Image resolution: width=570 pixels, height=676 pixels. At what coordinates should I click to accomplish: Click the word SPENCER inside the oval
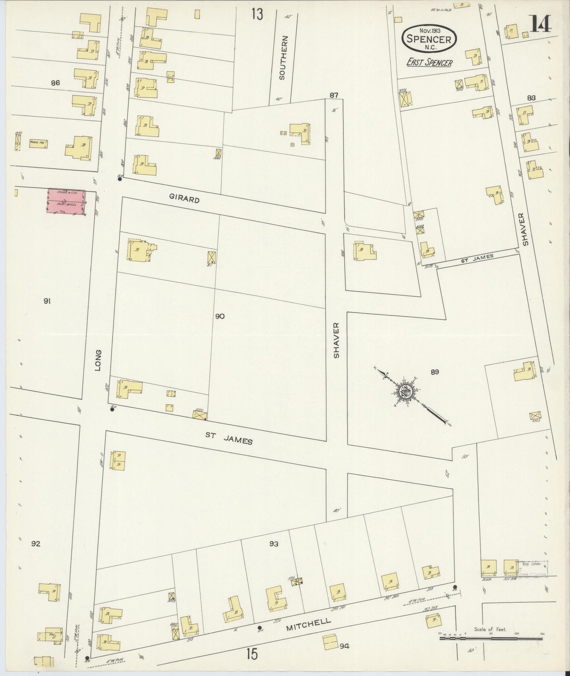tap(429, 39)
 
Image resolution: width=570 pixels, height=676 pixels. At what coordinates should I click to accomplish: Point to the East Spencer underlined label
tap(430, 62)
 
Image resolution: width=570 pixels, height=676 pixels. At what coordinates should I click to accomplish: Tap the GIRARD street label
tap(184, 200)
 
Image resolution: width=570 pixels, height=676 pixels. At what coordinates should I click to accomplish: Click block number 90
tap(220, 316)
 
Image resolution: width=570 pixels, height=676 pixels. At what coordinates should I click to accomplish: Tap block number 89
tap(435, 372)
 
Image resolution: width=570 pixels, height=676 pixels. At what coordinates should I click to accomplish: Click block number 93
tap(274, 544)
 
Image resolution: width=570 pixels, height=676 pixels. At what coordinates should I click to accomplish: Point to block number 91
tap(47, 301)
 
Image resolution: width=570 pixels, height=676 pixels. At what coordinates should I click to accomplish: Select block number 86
tap(55, 83)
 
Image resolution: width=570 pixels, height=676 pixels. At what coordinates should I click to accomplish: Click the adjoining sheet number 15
tap(252, 654)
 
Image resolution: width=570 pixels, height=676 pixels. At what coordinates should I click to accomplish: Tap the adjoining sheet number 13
tap(257, 14)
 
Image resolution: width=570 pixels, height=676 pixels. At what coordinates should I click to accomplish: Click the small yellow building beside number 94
tap(330, 642)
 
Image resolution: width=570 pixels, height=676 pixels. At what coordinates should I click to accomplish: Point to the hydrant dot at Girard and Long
tap(120, 179)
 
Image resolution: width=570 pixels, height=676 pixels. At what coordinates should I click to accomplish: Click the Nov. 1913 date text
tap(429, 30)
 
